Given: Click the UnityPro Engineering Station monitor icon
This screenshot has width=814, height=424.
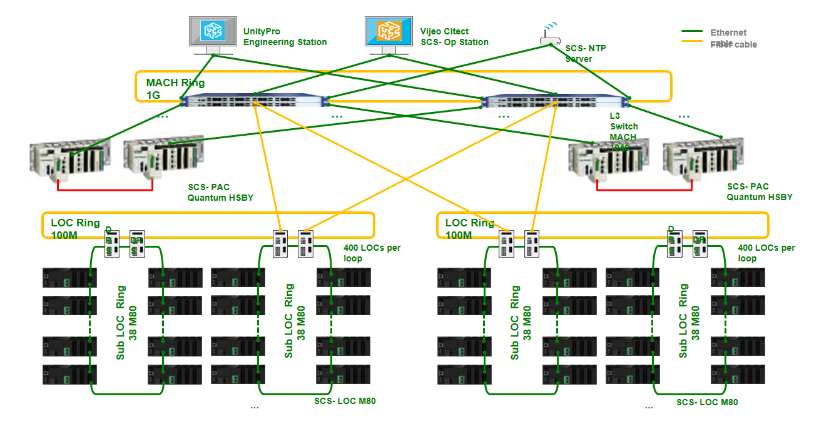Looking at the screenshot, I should (x=212, y=31).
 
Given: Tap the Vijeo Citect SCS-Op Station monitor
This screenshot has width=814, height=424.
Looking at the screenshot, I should (x=388, y=31).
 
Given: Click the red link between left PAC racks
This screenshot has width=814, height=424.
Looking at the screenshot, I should (x=105, y=189).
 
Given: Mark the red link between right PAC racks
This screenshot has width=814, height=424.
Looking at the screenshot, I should (x=644, y=189).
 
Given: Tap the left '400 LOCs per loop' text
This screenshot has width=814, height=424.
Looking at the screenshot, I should (x=372, y=253).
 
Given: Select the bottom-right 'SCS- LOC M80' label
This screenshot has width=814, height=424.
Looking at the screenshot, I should (x=707, y=402).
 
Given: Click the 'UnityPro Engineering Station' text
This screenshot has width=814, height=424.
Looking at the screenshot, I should (x=285, y=37).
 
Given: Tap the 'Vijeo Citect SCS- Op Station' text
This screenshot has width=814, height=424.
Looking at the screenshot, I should (x=454, y=37).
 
